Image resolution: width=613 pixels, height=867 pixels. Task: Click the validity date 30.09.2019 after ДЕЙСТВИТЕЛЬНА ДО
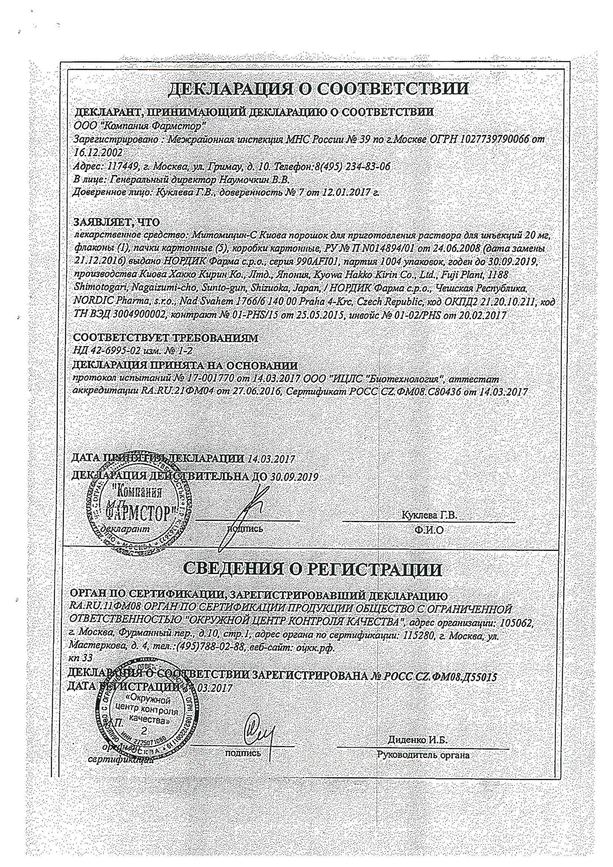(294, 477)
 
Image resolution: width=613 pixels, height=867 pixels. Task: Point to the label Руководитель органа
(423, 752)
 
